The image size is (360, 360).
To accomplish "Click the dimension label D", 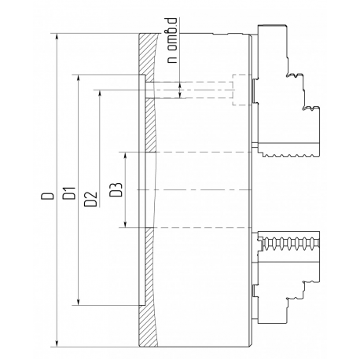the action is click(x=47, y=196).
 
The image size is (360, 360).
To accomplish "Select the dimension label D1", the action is click(x=70, y=193).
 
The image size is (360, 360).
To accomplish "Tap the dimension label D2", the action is click(x=91, y=200).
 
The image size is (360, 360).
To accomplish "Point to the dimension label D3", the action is click(x=116, y=190).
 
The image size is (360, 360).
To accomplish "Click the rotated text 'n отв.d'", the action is click(x=172, y=40).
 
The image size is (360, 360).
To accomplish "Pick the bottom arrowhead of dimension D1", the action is click(x=78, y=301).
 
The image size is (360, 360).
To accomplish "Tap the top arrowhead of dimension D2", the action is click(x=100, y=94).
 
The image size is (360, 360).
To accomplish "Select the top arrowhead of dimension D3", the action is click(x=125, y=156).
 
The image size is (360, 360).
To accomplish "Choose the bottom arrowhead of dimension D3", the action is click(x=125, y=223).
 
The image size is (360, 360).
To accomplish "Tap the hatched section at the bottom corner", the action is click(x=148, y=326).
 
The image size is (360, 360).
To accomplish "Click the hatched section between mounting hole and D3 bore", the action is click(x=150, y=125).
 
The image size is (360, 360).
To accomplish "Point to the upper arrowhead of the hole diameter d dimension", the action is click(x=180, y=86).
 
